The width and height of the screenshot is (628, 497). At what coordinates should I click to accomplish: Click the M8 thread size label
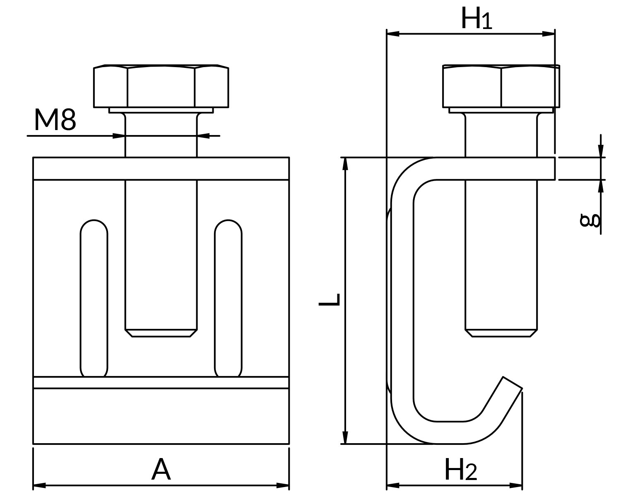coord(55,119)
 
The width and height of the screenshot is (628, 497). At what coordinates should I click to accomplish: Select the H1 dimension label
coord(476,18)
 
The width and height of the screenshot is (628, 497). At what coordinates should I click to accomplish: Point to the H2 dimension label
coord(461,470)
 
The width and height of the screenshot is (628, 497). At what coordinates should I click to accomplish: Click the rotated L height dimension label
coord(330,299)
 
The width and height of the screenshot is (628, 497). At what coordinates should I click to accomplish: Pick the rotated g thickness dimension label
coord(590,220)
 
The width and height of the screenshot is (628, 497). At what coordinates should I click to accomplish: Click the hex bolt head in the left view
coord(161,86)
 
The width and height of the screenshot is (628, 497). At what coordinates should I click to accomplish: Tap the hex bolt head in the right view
coord(501,86)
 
